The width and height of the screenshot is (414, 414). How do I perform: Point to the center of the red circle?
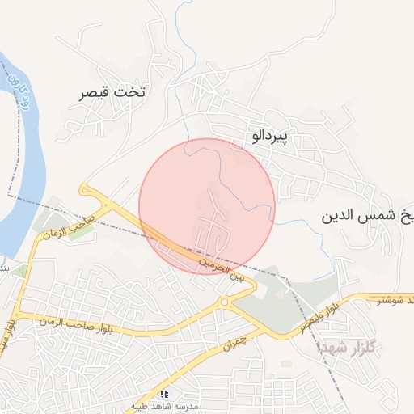pos(207,207)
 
